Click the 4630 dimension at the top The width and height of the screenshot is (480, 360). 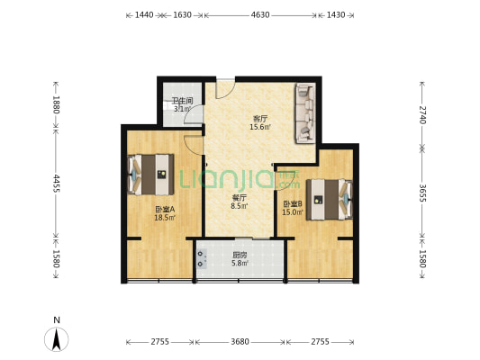pos(260,15)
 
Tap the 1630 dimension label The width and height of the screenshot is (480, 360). pos(183,15)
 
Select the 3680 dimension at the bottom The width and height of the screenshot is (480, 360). pos(240,342)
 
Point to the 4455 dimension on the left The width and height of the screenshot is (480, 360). pos(56,184)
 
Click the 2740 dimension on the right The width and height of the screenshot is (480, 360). pos(422,114)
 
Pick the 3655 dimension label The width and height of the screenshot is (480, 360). pos(422,193)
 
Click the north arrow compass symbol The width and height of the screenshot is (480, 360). pos(57,339)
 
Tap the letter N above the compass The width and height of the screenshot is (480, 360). pos(57,319)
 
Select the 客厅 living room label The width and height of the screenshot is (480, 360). pos(259,119)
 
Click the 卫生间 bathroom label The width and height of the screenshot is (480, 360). pos(182,101)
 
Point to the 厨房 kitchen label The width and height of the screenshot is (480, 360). pos(240,255)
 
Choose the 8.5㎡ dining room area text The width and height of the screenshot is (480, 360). pos(240,206)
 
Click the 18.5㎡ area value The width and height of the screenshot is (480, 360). pos(165,218)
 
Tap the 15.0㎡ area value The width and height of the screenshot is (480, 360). pos(293,212)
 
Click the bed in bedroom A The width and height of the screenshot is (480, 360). pos(151,175)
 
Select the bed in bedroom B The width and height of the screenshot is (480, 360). pos(330,200)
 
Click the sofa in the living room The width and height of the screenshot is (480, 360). pos(305,113)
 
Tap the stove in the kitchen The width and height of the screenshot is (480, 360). pos(202,259)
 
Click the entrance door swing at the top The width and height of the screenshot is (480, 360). pos(225,89)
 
